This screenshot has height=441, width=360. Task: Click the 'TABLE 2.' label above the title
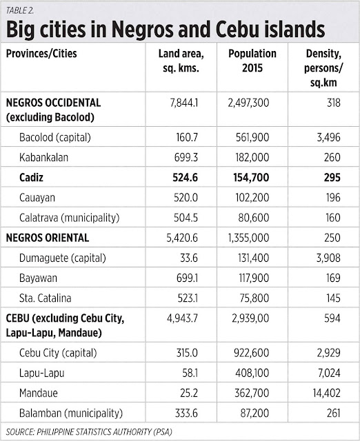pos(20,10)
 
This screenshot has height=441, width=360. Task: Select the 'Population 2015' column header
pos(252,61)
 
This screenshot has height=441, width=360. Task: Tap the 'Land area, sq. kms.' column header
pos(181,61)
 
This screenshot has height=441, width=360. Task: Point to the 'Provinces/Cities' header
pos(41,54)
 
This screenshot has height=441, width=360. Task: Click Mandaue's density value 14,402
pos(326,393)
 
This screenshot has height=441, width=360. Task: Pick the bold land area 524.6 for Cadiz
pos(185,178)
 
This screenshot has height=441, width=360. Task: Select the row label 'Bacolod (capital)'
pos(55,138)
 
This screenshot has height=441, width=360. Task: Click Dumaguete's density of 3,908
pos(328,258)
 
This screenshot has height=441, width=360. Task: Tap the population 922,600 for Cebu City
pos(251,353)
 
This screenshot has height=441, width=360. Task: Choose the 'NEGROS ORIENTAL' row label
pos(48,238)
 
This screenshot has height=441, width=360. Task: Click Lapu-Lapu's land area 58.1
pos(190,373)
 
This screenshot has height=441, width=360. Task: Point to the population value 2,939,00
pos(250,318)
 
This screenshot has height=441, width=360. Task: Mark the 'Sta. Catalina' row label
pos(46,298)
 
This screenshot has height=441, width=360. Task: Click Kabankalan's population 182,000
pos(252,158)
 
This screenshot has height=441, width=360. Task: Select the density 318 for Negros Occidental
pos(334,103)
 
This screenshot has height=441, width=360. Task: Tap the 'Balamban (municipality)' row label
pos(71,413)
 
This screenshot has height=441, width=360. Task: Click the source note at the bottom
pos(89,432)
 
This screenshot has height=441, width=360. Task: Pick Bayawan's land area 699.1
pos(187,278)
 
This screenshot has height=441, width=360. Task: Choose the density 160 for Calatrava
pos(332,218)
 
